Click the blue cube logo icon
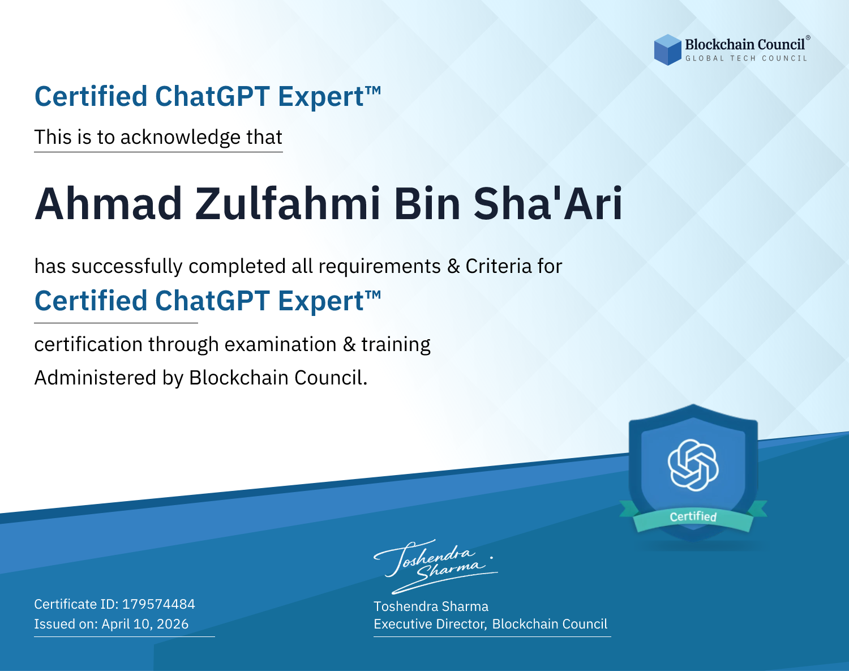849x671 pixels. pos(667,50)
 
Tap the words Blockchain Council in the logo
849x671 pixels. pos(745,45)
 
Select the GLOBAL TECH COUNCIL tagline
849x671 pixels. pos(746,58)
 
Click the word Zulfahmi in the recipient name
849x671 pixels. pos(288,204)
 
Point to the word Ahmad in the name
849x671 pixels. pos(108,204)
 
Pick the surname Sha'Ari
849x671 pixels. pos(547,204)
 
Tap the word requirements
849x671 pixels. pos(380,266)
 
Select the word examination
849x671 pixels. pos(281,344)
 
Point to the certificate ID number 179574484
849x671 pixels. pos(158,604)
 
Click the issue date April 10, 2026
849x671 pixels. pos(145,624)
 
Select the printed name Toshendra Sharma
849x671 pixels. pos(431,606)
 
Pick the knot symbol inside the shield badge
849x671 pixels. pos(693,465)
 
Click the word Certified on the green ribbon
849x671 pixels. pos(693,516)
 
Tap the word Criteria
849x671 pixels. pos(498,266)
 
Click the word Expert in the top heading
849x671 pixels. pos(321,97)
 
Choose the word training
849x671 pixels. pos(396,344)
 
